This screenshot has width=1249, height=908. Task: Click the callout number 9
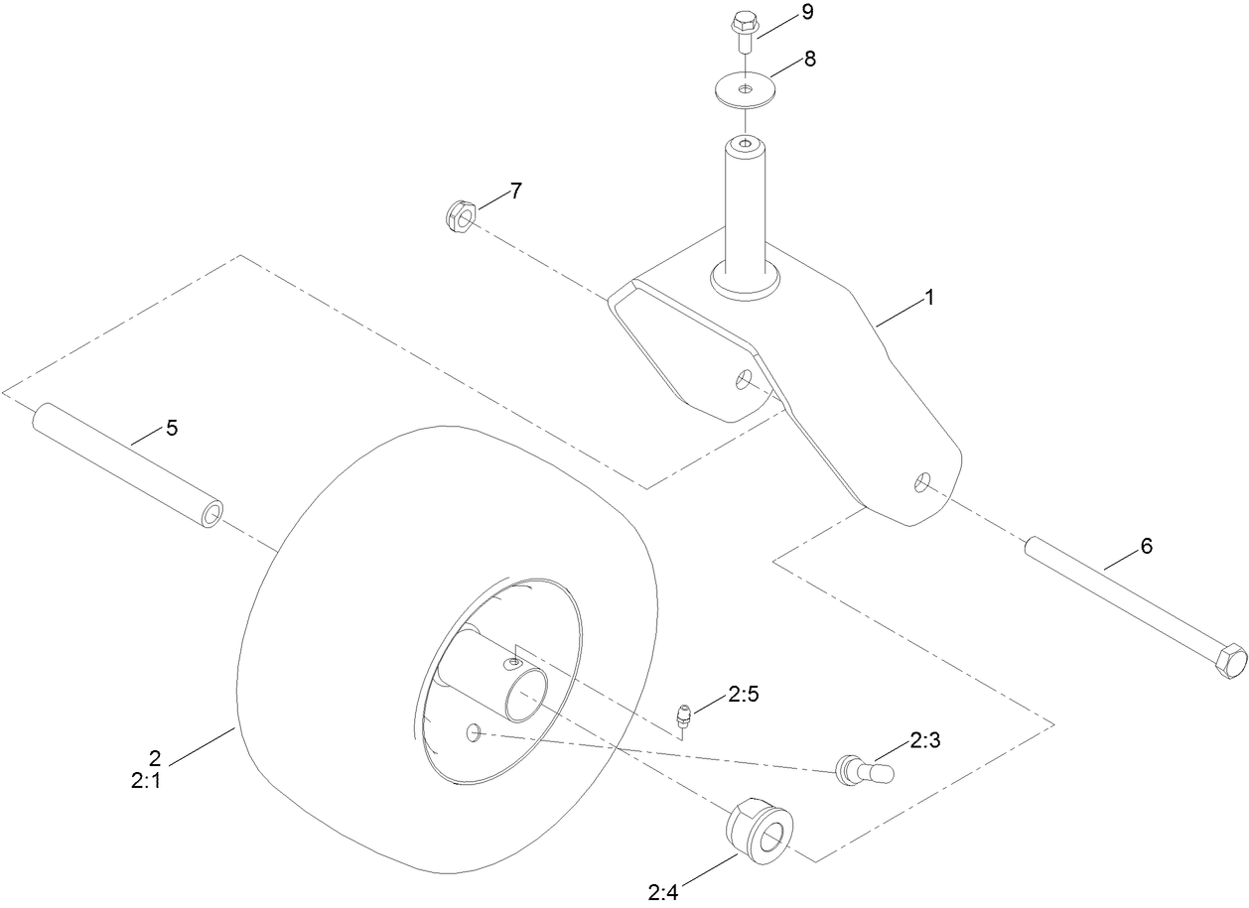coord(807,13)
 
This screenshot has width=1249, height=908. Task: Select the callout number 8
coord(810,59)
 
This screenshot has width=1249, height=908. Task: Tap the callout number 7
coord(516,192)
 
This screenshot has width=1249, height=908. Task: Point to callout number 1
coord(930,297)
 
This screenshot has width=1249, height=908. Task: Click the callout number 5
coord(172,428)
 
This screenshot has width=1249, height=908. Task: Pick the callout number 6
coord(1147,546)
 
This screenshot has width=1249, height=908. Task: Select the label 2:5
coord(743,697)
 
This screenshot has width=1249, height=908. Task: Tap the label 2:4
coord(662,893)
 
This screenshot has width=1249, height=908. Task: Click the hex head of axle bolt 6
coord(1226,661)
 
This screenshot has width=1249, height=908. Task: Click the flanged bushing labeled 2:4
coord(762,829)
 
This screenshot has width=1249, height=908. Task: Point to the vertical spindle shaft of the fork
coord(745,208)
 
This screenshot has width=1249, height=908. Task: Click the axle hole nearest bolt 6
coord(923,482)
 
